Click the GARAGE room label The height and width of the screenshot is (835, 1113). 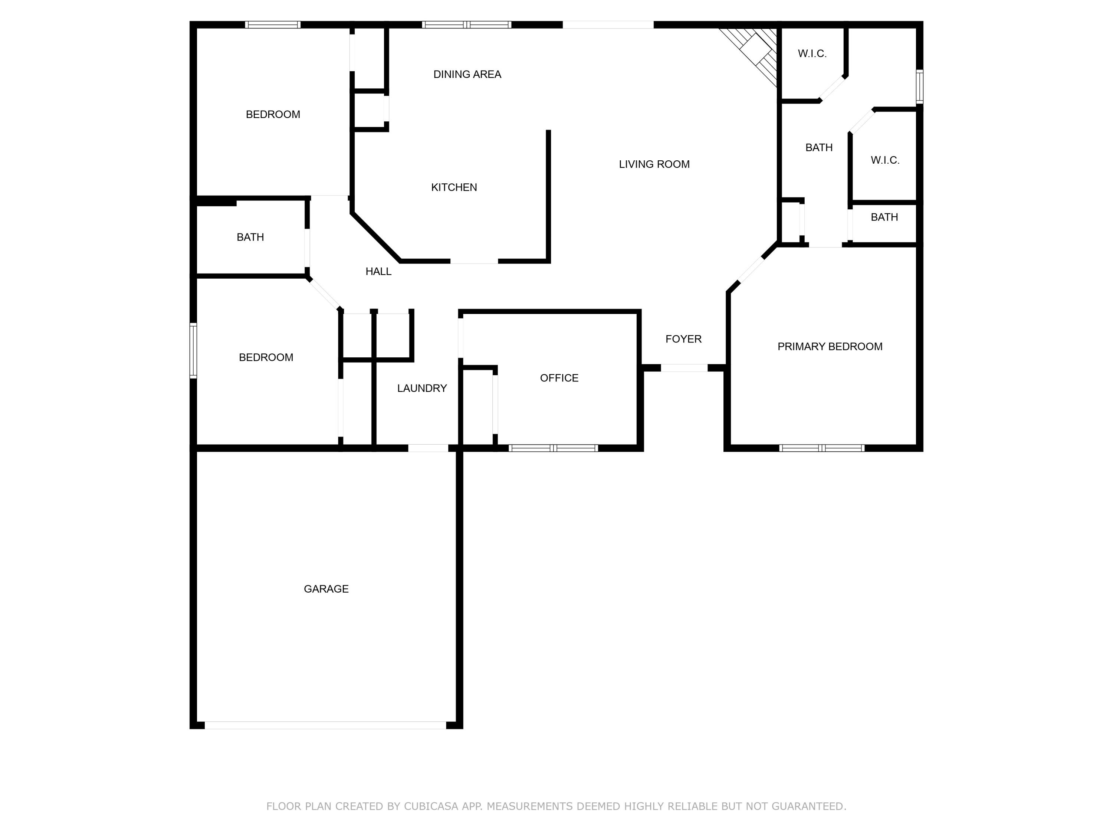coord(326,589)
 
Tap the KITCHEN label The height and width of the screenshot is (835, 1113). coord(454,187)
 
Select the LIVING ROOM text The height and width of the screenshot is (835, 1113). coord(654,164)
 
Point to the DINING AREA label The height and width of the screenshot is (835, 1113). coord(467,75)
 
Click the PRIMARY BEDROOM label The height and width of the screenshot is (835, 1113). coord(830,346)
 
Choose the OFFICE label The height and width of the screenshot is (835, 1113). coord(559,378)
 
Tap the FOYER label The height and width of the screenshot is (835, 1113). coord(683,339)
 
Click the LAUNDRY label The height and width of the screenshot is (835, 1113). coord(422,388)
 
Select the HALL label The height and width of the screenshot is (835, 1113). coord(378,271)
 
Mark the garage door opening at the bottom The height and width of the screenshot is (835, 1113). coord(325,725)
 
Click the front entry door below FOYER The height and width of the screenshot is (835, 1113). coord(684,368)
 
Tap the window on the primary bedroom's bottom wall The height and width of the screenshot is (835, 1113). coord(822,448)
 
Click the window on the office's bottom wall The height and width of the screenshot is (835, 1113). coord(553,448)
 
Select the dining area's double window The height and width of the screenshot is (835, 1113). coord(466,24)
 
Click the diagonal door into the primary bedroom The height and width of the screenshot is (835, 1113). coord(751,270)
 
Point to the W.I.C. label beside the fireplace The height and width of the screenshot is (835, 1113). coord(812,54)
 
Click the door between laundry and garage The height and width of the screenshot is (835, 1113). coord(428,448)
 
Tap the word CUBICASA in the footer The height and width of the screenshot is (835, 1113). coord(431,806)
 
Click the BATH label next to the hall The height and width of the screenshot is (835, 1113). coord(250,237)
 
